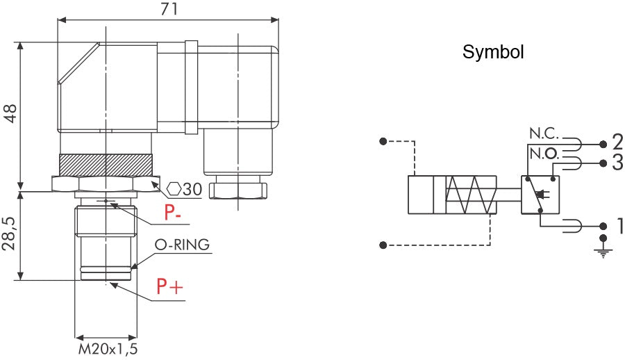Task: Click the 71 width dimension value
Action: point(168,9)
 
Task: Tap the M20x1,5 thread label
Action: point(107,349)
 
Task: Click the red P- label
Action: point(174,214)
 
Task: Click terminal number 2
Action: point(617,143)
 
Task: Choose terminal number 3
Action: point(617,163)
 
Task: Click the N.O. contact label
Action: point(544,152)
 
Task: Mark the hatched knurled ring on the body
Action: point(106,165)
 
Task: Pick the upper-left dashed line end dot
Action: point(383,142)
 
